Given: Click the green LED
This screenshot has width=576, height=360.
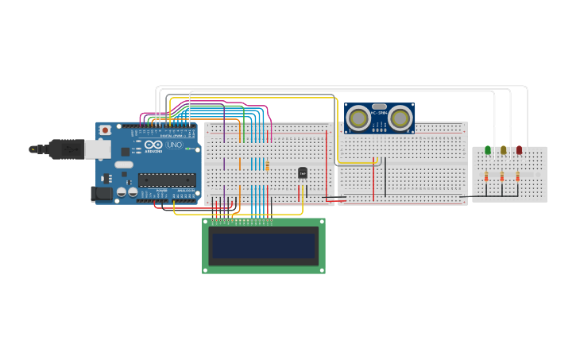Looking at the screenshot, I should coord(488,150).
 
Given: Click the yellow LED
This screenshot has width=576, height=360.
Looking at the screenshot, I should coord(503,150).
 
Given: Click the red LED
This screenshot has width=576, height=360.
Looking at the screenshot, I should coord(519,150).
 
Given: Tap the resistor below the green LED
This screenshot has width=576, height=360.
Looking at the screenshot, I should coord(486,176).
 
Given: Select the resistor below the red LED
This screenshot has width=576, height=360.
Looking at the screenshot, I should coord(517,176).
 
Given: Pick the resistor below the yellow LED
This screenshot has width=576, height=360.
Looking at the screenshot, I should coord(501,176).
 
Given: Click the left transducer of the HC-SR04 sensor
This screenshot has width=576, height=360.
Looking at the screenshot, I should coord(358,118).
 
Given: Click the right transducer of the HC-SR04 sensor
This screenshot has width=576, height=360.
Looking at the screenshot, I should coord(400,118).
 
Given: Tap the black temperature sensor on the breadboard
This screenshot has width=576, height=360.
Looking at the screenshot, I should coord(303,172).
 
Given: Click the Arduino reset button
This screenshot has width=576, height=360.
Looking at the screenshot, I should coord(105,130).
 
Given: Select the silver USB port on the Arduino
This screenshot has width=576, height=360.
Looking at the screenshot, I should coord(98,149).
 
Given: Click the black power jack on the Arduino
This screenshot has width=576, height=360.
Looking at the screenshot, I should coord(101,193).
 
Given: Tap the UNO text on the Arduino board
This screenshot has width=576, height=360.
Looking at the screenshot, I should coord(174,145).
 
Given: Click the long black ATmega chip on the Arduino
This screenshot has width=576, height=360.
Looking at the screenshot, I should coord(167,180).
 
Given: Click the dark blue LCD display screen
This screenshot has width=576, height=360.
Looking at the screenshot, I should coord(264,246).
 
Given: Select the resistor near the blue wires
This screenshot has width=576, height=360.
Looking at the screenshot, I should coord(268,165).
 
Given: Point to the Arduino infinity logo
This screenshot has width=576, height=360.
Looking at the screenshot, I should coord(154,145).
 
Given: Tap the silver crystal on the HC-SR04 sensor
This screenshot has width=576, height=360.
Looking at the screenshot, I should coord(379,106).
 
